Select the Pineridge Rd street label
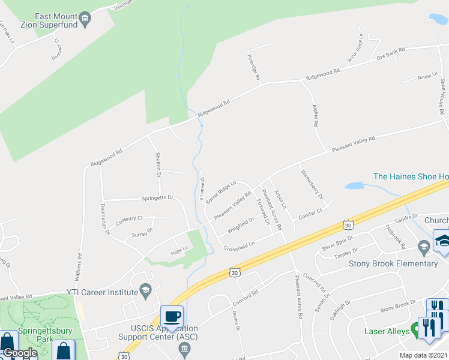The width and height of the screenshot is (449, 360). [253, 68]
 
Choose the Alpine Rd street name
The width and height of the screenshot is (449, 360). [315, 116]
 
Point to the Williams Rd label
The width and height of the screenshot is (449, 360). [79, 263]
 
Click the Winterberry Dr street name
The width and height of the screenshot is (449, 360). [312, 184]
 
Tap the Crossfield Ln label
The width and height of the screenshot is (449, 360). [239, 246]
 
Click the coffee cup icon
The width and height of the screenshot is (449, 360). [172, 316]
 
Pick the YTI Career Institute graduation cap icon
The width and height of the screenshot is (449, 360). [145, 292]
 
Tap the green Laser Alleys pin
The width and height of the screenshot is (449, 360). [414, 331]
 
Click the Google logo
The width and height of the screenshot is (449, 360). [20, 353]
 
